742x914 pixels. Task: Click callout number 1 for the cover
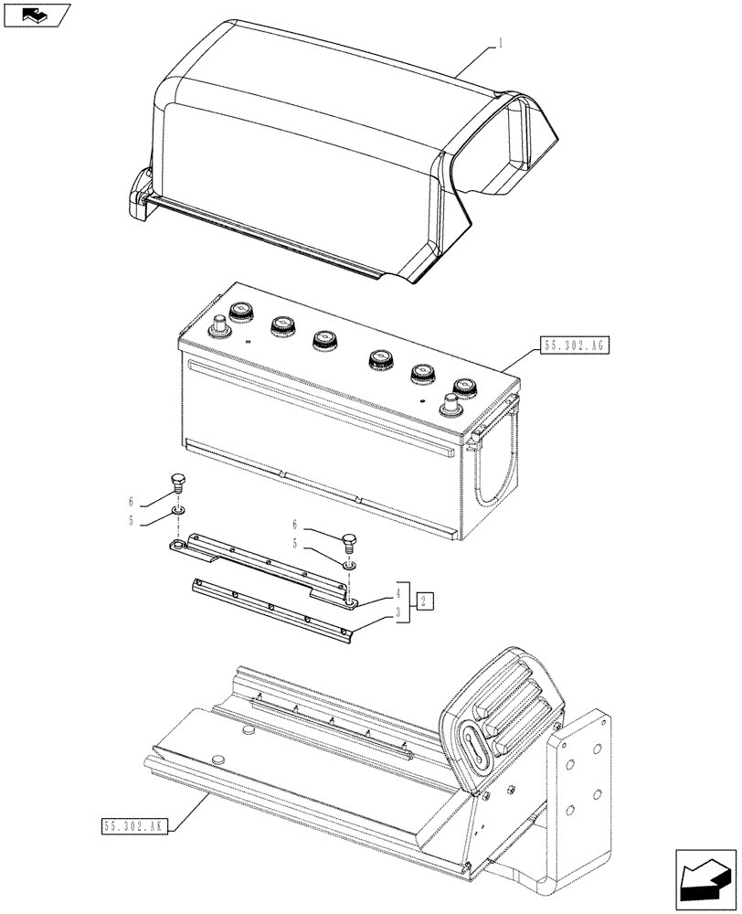point(500,42)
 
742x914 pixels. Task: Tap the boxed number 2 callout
point(426,600)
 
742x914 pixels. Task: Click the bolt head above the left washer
point(178,484)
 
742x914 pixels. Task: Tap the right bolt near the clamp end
point(349,542)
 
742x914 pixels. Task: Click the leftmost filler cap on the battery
point(242,312)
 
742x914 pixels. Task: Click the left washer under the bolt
point(178,508)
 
